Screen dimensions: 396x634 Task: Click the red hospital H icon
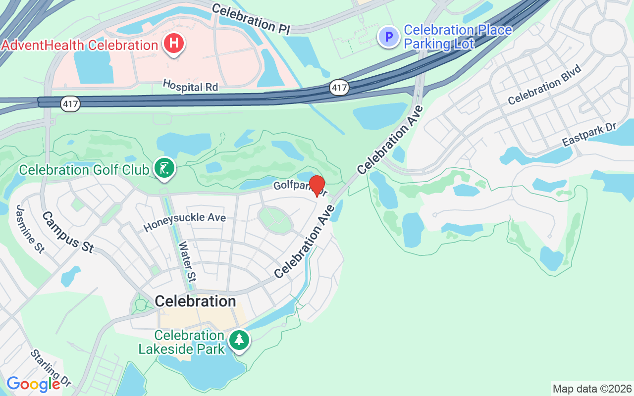(x=173, y=44)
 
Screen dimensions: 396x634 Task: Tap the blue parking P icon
(x=389, y=37)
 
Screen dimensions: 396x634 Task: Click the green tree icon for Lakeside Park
(x=240, y=340)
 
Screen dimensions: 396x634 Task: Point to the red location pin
(x=317, y=186)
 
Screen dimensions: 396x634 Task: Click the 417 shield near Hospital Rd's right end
(x=339, y=88)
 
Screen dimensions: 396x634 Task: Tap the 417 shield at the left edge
(x=70, y=104)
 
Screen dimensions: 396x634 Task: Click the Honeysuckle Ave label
(x=185, y=222)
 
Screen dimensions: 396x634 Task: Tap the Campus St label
(x=68, y=232)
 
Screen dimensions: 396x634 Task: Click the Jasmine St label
(x=30, y=229)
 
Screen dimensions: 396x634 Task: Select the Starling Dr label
(x=51, y=368)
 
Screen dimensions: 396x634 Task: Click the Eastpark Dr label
(x=589, y=134)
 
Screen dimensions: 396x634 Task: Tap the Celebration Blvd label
(x=544, y=85)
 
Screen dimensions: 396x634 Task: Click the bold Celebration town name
(x=195, y=301)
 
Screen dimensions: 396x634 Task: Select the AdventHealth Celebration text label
(x=79, y=45)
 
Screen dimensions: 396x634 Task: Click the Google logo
(x=33, y=384)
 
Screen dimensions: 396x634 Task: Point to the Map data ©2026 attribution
(x=592, y=389)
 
